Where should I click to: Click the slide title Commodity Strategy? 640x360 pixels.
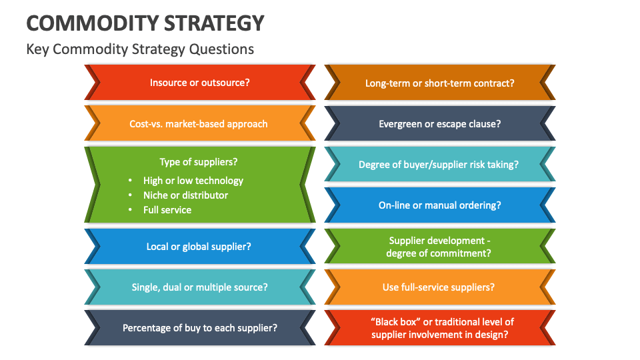(145, 23)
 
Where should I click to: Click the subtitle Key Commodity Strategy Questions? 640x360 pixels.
(140, 49)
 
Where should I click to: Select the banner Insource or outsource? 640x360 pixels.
(200, 83)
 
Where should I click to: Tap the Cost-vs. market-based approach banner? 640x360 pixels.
(199, 124)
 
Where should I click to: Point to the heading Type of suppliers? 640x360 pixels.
(199, 162)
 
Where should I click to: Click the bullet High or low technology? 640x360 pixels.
(193, 181)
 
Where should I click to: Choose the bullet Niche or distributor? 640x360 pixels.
(185, 195)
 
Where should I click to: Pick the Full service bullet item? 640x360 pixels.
(167, 210)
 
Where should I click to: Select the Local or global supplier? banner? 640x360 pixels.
(199, 247)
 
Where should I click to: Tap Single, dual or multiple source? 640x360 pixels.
(199, 287)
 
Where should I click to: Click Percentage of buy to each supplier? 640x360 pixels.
(200, 328)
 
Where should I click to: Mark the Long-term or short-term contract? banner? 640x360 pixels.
(440, 83)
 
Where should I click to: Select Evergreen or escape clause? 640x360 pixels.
(440, 124)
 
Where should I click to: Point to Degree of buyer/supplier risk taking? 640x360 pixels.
(439, 165)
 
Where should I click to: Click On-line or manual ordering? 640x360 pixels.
(440, 205)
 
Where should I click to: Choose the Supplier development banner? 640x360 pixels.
(440, 247)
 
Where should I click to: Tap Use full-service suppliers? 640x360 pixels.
(439, 287)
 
